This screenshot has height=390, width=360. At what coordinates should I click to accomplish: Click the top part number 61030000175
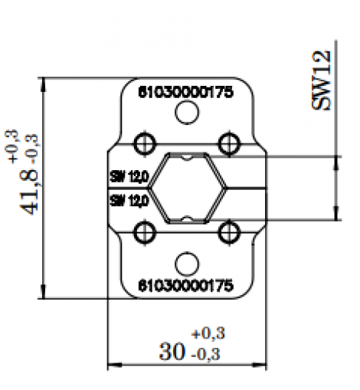click(185, 90)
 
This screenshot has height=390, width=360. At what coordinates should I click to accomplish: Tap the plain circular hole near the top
click(185, 114)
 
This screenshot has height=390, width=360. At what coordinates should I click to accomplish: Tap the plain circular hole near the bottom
click(185, 263)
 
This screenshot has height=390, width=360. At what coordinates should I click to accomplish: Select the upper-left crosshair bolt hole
click(143, 143)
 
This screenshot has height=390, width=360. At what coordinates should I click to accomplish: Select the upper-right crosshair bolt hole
click(228, 143)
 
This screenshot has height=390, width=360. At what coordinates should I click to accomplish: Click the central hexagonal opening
click(186, 187)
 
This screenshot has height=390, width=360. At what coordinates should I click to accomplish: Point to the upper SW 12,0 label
click(128, 177)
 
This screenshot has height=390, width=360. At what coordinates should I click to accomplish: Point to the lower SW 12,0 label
click(128, 200)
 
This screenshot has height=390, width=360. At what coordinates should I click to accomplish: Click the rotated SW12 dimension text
click(325, 80)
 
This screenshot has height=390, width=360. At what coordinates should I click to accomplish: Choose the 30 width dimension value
click(172, 352)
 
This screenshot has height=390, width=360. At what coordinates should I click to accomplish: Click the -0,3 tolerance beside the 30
click(207, 355)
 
